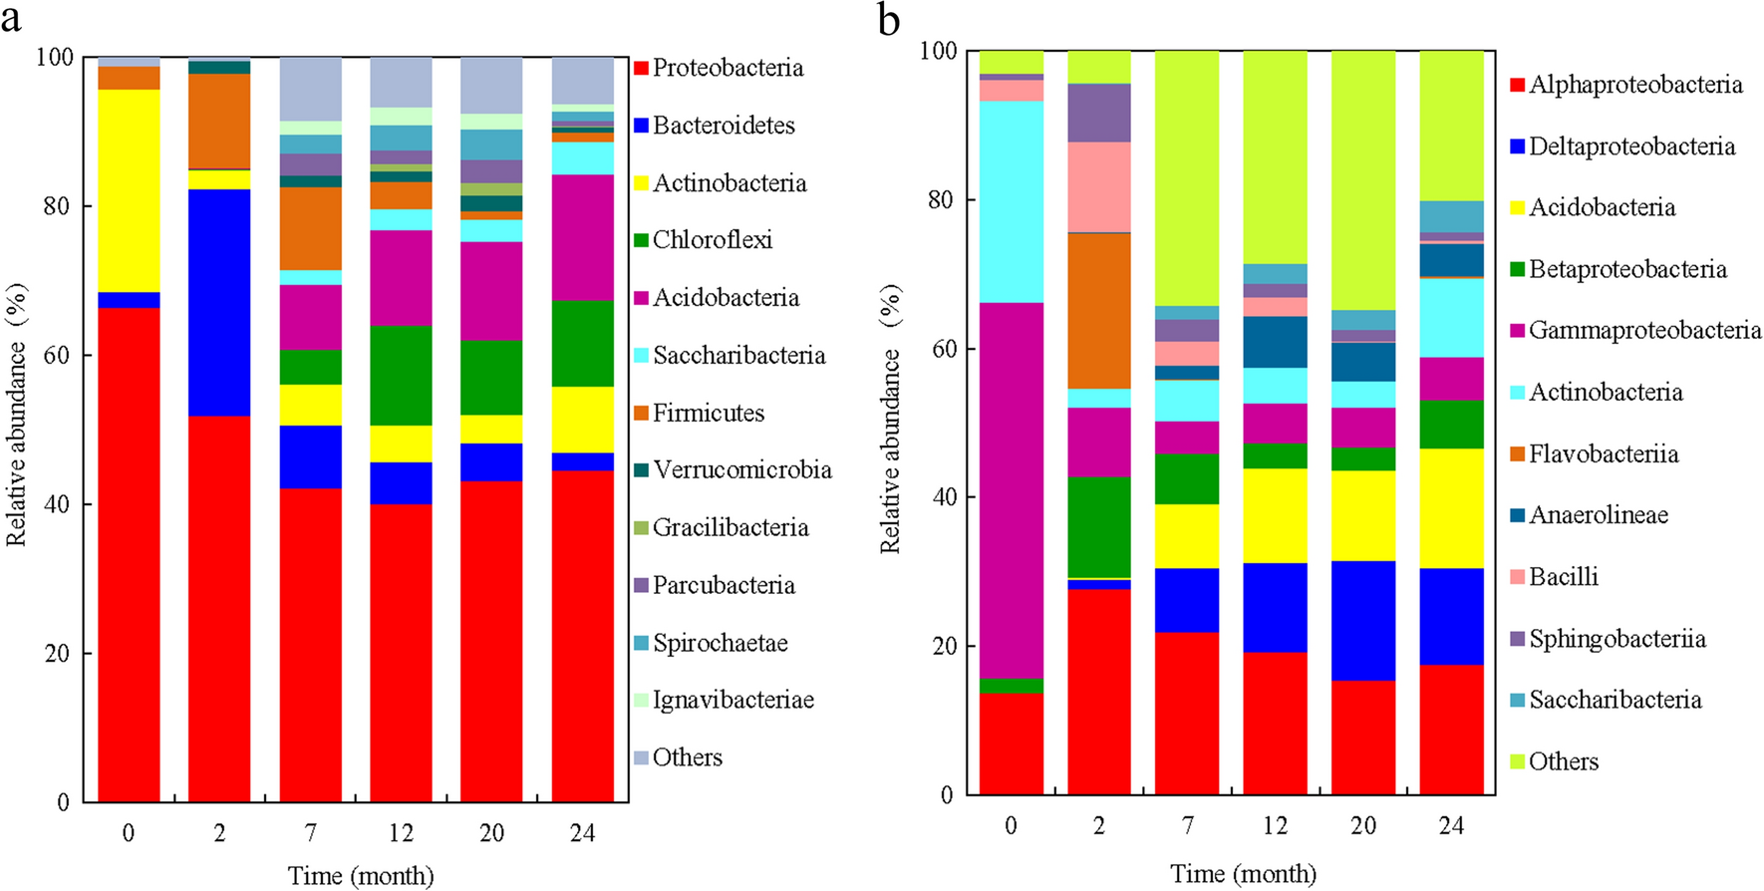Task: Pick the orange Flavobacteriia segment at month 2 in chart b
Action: click(x=1099, y=310)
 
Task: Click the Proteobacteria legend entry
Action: click(x=728, y=68)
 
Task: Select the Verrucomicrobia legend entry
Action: click(x=741, y=469)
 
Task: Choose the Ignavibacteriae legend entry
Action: click(x=733, y=700)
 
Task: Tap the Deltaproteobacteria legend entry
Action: click(x=1631, y=147)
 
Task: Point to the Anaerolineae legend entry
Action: click(x=1598, y=515)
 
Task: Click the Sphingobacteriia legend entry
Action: click(x=1617, y=639)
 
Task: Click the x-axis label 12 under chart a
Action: click(x=401, y=832)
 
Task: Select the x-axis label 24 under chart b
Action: click(x=1451, y=825)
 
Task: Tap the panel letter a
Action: click(x=11, y=17)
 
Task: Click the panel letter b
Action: click(x=888, y=19)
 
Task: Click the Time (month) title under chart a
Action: click(x=361, y=875)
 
